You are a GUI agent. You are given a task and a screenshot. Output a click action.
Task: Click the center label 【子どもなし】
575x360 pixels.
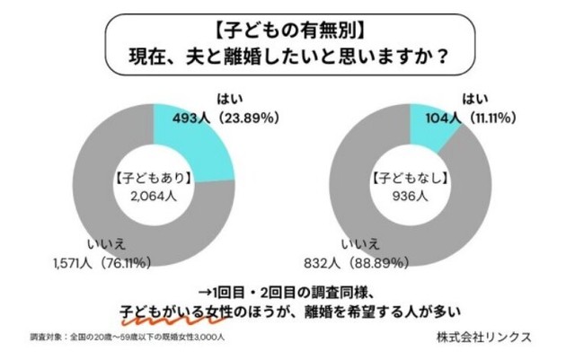point(410,177)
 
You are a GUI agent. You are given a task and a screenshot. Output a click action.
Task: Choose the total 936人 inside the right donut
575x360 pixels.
point(410,194)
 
